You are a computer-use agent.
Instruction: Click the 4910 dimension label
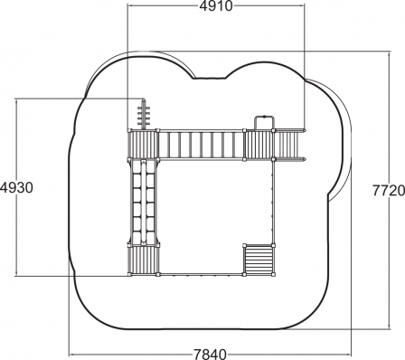tap(216, 6)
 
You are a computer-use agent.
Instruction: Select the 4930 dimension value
tap(16, 187)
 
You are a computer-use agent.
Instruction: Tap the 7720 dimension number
tap(389, 191)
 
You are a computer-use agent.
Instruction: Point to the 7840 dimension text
tap(210, 354)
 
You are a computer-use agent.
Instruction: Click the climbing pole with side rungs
tap(144, 117)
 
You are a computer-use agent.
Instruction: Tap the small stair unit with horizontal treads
tap(259, 260)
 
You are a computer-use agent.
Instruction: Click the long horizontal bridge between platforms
tap(201, 145)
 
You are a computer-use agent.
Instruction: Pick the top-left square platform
tap(144, 145)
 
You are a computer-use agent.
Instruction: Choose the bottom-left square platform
tap(144, 261)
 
